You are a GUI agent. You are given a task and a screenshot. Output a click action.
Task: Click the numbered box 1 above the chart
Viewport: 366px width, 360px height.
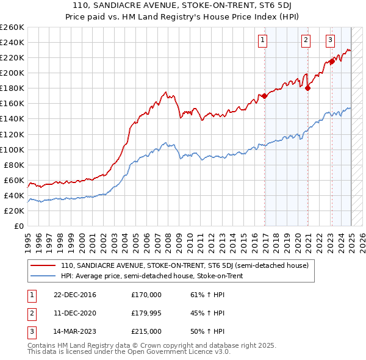(x=262, y=41)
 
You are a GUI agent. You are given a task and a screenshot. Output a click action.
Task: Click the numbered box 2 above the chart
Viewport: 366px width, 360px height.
(x=306, y=41)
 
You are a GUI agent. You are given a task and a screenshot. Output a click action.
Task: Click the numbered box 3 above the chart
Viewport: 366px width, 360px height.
(x=330, y=41)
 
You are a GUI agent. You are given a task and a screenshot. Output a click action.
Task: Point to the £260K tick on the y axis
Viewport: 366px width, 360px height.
(x=12, y=27)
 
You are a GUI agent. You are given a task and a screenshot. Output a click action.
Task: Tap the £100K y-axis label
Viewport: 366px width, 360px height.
(x=12, y=149)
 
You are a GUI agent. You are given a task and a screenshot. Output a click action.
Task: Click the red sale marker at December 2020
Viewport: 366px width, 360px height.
(x=308, y=88)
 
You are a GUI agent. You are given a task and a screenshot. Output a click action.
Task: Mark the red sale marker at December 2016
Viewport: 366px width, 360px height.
(x=264, y=96)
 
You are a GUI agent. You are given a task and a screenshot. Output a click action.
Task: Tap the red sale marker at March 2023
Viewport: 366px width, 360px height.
(x=332, y=61)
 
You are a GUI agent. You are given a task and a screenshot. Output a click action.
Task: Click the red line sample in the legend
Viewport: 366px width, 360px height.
(x=43, y=266)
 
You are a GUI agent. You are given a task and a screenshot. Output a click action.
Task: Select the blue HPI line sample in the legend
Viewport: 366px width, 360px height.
(x=43, y=276)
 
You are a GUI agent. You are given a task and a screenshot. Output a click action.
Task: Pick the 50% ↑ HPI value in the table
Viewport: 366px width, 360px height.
(x=207, y=331)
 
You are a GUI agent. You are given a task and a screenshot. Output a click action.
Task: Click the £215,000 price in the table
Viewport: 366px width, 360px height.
(x=146, y=331)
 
